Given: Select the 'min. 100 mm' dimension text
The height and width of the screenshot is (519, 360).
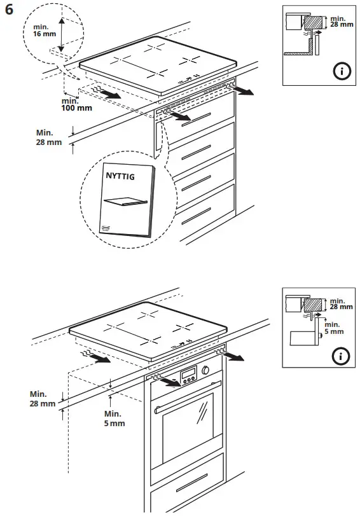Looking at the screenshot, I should click(x=76, y=104).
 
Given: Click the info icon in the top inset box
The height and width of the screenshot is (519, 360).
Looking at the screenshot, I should click(x=342, y=71).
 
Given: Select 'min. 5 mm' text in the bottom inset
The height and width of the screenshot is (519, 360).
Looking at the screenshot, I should click(x=334, y=328).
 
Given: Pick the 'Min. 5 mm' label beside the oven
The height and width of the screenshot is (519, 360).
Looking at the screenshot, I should click(x=114, y=418).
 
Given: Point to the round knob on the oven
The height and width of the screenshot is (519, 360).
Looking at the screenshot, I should click(x=206, y=371).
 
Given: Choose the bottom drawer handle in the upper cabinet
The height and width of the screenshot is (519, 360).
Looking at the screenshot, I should click(x=197, y=217).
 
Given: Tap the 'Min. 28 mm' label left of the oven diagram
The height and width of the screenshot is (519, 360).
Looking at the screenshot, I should click(x=42, y=399).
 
